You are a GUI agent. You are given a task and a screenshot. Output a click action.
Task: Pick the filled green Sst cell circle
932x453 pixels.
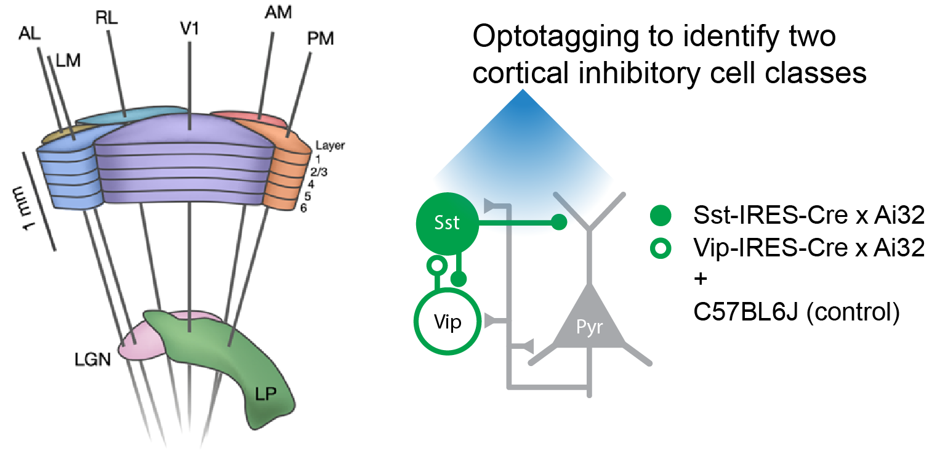[x=447, y=223]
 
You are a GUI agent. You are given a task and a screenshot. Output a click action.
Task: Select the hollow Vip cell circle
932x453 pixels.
[x=447, y=322]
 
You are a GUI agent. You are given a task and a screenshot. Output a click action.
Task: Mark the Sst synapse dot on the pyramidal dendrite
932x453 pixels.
[x=558, y=222]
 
